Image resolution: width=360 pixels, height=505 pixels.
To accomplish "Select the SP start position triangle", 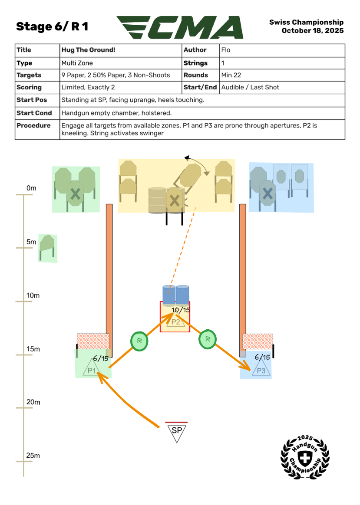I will tap(177, 432).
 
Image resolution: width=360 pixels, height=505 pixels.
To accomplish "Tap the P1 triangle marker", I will tap(92, 369).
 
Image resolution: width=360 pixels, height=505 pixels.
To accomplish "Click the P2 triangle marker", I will tap(175, 321).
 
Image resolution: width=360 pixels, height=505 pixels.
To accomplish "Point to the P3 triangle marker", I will tap(261, 370).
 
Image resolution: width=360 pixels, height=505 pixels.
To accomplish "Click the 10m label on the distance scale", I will tap(33, 296).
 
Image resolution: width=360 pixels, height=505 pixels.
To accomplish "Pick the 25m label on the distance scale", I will tap(33, 456).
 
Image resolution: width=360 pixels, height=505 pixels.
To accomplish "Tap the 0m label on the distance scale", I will tap(31, 188).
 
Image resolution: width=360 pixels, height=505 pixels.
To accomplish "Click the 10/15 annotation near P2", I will tap(181, 310).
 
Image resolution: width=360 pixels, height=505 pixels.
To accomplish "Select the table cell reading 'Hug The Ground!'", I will tap(89, 50).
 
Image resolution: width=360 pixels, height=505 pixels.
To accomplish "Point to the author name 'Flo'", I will tap(226, 50).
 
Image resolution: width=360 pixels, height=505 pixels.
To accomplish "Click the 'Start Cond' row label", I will tap(34, 113).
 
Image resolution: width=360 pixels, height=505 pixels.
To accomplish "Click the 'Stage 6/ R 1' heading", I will tap(52, 27).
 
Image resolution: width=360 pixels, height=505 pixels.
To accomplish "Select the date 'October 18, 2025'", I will tap(313, 31).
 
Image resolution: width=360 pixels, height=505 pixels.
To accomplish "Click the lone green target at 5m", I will tap(47, 247).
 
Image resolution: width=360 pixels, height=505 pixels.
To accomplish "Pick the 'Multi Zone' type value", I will tap(77, 63).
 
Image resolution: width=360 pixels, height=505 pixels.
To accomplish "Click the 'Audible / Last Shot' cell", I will tap(250, 88).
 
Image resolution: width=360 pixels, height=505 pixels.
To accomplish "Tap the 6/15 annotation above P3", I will tap(262, 357).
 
